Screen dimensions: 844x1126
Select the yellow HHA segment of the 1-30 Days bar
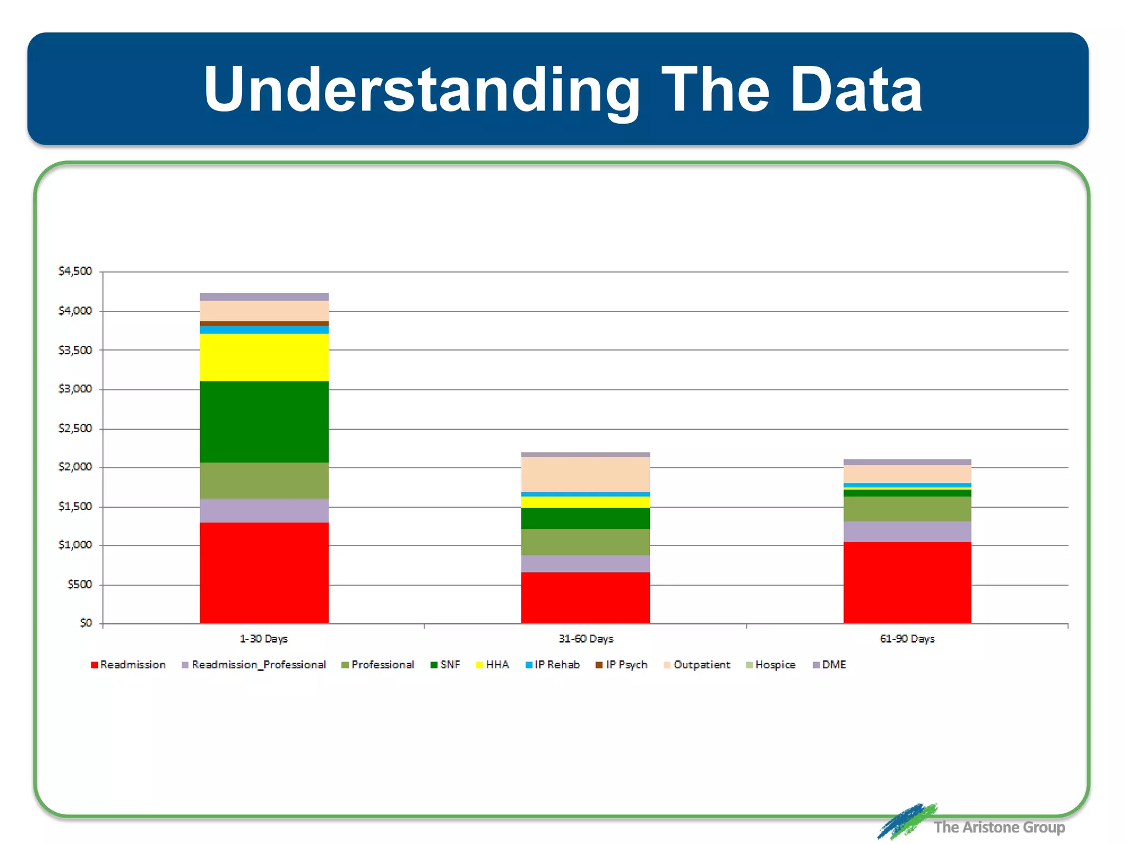click(264, 357)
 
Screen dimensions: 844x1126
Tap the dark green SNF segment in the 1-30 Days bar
click(264, 421)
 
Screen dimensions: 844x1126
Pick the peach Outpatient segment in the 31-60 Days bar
click(586, 474)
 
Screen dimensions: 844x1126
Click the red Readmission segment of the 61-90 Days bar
click(907, 582)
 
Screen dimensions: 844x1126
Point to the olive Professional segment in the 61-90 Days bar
click(907, 509)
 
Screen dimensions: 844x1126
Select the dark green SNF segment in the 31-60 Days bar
click(586, 518)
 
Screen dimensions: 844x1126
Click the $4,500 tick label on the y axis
click(75, 271)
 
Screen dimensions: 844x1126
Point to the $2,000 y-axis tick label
click(75, 467)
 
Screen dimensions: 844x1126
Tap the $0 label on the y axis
click(86, 623)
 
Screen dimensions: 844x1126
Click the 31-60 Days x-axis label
click(586, 639)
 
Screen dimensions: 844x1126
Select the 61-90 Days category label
click(907, 639)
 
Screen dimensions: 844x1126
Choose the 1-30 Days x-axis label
click(264, 639)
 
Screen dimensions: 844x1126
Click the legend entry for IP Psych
click(622, 665)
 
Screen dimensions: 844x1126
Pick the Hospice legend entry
click(771, 665)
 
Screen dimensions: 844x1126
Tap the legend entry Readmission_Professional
click(254, 665)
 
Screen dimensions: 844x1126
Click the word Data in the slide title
click(856, 89)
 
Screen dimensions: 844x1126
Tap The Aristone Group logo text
click(998, 827)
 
